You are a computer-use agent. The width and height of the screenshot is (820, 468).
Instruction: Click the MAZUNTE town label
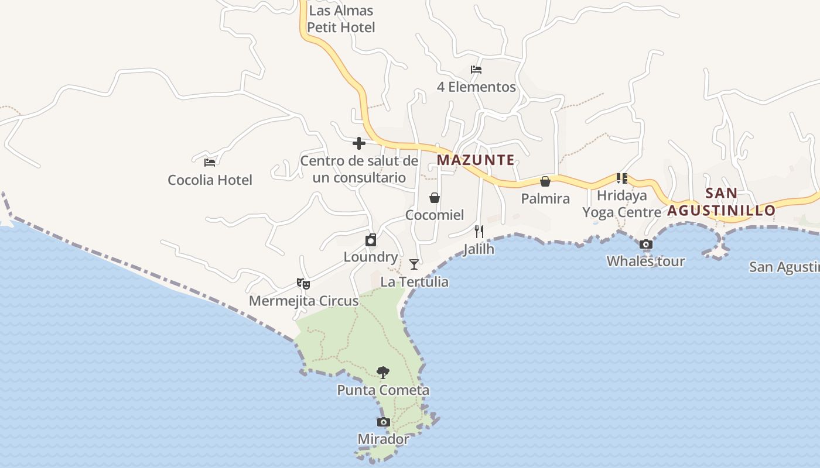tap(476, 160)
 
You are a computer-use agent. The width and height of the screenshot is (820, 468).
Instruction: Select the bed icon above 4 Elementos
tap(476, 70)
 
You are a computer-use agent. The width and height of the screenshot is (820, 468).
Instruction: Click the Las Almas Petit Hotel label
tap(341, 19)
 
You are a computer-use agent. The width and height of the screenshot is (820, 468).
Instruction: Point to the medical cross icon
tap(359, 143)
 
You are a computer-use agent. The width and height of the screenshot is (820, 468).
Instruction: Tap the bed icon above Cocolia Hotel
tap(210, 162)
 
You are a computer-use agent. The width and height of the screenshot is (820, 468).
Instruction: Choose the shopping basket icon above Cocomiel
tap(435, 198)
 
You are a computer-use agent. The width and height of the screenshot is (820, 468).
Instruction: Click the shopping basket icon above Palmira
tap(545, 181)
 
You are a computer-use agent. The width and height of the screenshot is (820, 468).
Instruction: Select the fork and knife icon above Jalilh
tap(479, 232)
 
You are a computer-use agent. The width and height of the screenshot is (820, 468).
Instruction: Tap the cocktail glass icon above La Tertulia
tap(414, 264)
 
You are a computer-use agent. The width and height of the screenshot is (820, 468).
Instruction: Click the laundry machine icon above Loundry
tap(371, 240)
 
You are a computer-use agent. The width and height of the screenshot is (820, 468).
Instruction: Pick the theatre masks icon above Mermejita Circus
tap(303, 284)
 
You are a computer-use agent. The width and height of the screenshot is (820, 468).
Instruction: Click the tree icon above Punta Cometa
tap(383, 373)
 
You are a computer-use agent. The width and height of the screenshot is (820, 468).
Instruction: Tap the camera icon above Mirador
tap(383, 422)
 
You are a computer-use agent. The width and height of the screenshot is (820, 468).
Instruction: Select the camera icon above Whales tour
tap(645, 245)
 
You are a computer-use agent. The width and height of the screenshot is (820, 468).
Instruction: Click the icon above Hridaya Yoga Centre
tap(621, 178)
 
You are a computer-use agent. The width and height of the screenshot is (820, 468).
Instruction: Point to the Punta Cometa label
tap(383, 390)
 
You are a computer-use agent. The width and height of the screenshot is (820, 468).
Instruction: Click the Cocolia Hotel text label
tap(210, 180)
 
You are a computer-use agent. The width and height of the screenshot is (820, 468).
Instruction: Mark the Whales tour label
tap(645, 261)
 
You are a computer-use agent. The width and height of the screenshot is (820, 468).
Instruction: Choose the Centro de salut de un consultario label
tap(359, 169)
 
